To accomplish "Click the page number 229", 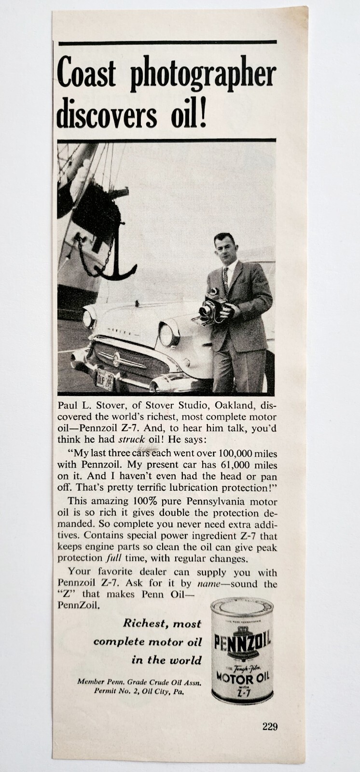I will (270, 727).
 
